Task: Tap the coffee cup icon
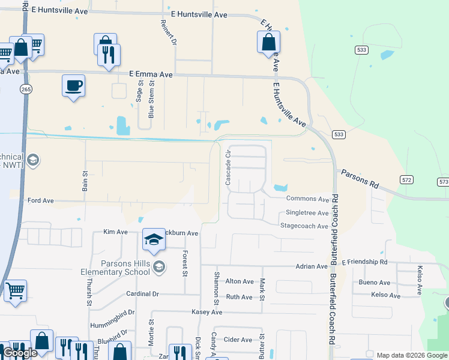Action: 73,86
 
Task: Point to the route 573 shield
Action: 443,181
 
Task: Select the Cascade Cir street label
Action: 228,167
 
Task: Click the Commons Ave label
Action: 307,199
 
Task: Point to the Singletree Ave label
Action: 307,213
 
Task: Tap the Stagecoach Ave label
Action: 304,226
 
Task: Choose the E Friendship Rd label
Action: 364,262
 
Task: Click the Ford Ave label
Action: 41,200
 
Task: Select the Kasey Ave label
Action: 206,312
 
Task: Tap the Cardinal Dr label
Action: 142,294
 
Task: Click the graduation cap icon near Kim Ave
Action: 154,239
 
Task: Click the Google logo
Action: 20,353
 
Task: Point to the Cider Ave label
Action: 238,340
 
